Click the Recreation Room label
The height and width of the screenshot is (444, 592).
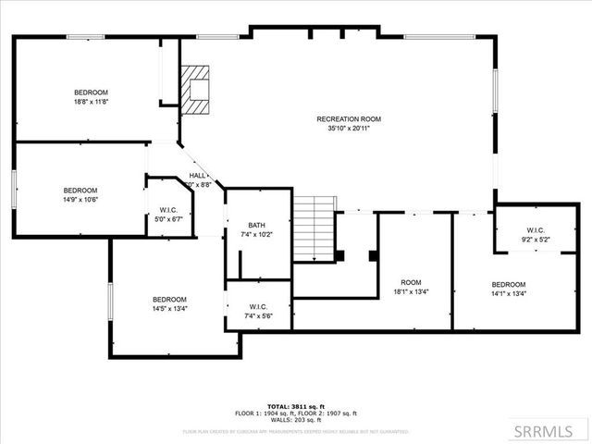coord(349,118)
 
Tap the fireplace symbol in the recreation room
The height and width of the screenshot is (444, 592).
coord(195,89)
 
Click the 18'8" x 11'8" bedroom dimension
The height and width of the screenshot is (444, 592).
coord(91,104)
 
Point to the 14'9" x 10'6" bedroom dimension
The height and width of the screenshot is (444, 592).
coord(80,198)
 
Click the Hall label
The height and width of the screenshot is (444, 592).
coord(198,175)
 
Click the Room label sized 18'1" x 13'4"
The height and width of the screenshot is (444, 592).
coord(411,282)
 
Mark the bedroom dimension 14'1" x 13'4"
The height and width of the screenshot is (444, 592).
coord(509,294)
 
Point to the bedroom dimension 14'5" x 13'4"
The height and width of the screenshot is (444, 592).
coord(169,309)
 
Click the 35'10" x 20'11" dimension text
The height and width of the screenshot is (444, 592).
coord(349,129)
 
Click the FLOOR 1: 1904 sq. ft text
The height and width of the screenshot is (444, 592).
coord(263,413)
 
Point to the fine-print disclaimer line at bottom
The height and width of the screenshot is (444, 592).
coord(295,431)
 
